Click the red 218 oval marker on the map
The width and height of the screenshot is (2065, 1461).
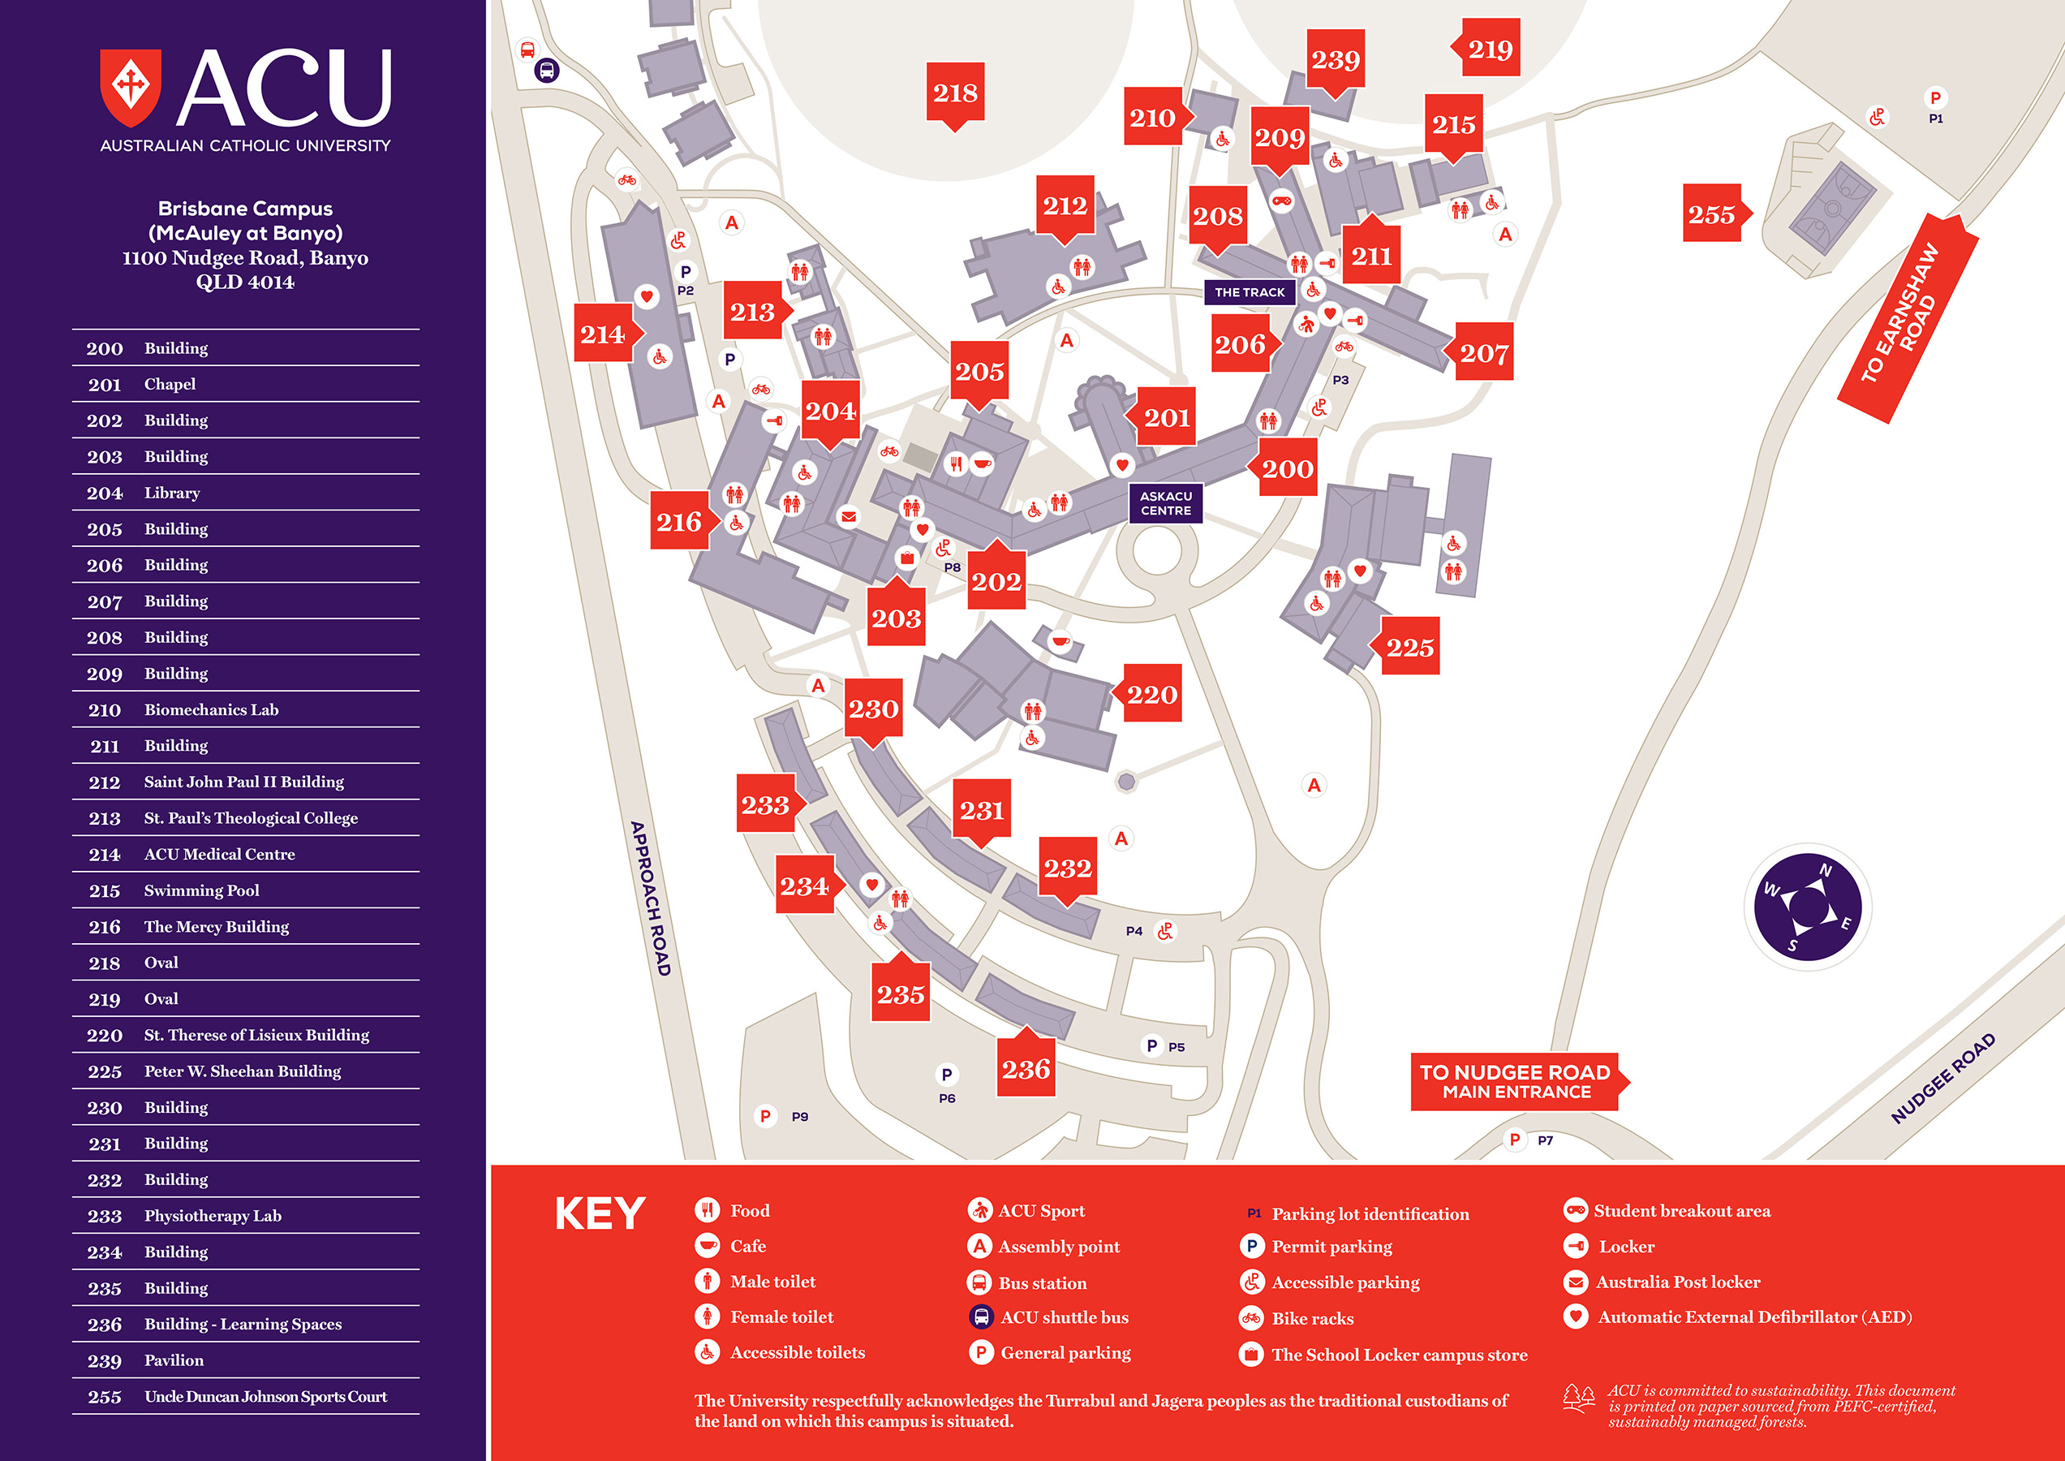955,93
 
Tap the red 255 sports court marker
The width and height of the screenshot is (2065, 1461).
1711,214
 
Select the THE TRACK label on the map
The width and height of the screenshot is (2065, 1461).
1250,292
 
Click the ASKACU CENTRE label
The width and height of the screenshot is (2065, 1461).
1166,503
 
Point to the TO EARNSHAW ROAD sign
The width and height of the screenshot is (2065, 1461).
1904,315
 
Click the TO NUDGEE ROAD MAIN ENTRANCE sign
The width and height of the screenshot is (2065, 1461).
1516,1081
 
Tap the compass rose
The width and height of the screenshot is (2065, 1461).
1808,907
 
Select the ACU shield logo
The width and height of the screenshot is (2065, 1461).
131,88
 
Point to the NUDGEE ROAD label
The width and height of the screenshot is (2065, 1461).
1942,1078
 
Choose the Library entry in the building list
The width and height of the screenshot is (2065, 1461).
172,493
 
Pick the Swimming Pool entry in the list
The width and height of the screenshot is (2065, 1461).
201,890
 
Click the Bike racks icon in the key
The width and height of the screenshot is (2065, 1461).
1251,1318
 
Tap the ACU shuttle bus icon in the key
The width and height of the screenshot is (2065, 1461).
980,1317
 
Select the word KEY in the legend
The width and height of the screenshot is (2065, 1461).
600,1213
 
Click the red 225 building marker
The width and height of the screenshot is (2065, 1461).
1409,647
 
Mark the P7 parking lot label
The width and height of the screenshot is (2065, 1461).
1545,1140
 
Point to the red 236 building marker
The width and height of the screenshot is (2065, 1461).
1026,1069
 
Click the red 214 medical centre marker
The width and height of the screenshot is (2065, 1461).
603,334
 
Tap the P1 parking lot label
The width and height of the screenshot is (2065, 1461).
1935,119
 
